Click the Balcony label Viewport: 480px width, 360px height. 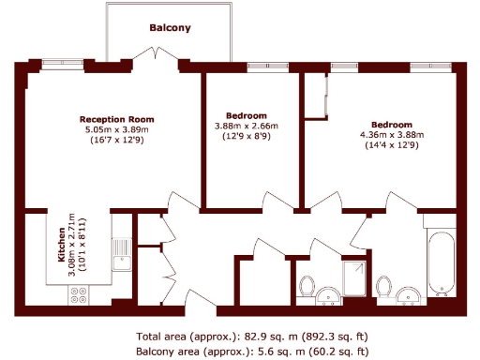(170, 28)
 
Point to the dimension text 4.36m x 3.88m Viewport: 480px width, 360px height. (392, 135)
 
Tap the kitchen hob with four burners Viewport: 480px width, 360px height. (79, 294)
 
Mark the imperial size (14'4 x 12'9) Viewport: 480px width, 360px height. (392, 145)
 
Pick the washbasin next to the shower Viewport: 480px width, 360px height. (328, 298)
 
